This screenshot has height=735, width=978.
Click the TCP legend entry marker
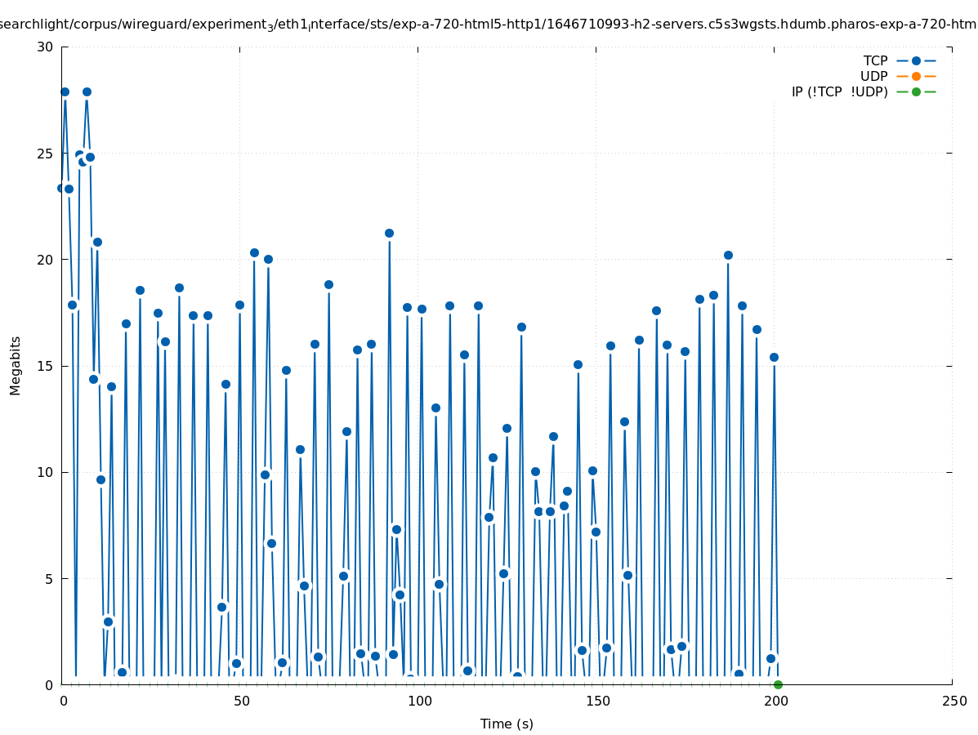[916, 60]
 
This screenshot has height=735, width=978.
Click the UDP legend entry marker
[916, 76]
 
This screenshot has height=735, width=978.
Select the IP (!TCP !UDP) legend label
[839, 91]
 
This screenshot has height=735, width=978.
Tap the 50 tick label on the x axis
[241, 701]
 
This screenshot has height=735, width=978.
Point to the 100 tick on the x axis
[419, 701]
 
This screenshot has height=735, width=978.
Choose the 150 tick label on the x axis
[597, 701]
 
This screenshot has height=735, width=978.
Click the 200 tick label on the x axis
[775, 701]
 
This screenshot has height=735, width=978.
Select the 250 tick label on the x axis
[953, 701]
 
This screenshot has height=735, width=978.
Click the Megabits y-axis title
[16, 365]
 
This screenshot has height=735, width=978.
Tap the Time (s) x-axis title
[507, 724]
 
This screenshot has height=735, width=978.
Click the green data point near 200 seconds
[778, 684]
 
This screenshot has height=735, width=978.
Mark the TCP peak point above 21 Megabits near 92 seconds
[389, 233]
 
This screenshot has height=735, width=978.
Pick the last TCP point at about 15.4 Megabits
[774, 357]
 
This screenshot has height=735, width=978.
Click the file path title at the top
[489, 24]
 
